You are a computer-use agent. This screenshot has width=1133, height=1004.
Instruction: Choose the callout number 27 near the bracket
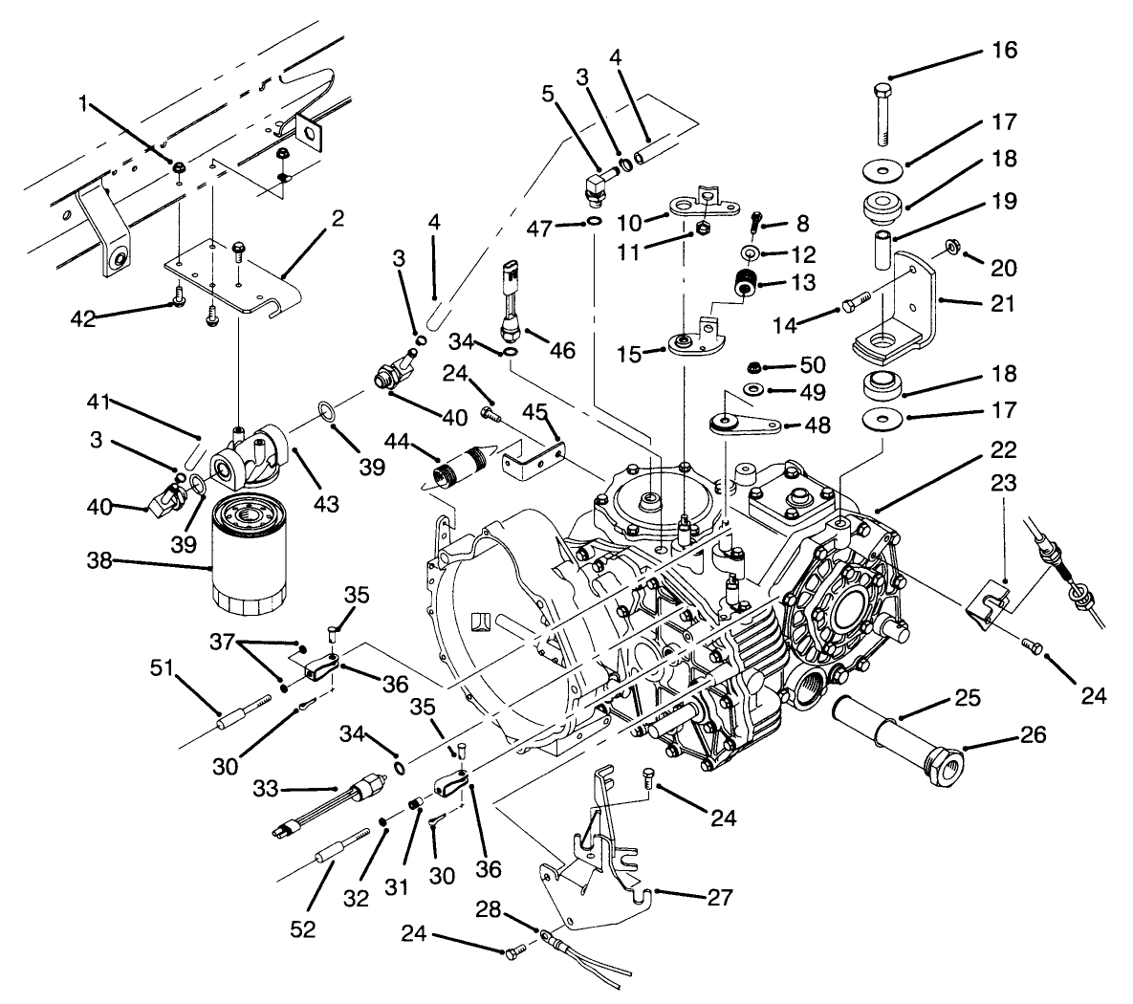pyautogui.click(x=719, y=898)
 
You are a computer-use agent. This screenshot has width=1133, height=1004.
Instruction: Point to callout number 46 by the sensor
pyautogui.click(x=561, y=351)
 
